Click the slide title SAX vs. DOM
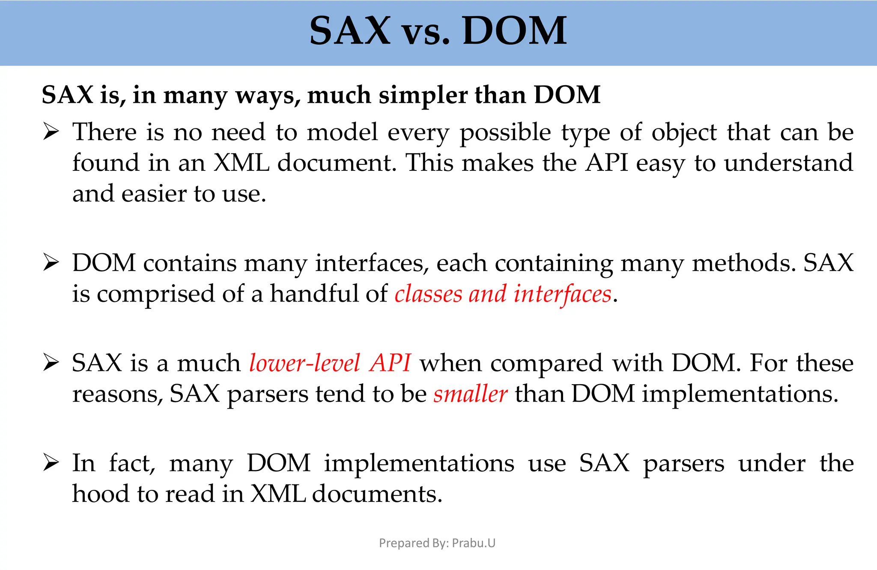pos(438,31)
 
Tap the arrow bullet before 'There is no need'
pos(51,132)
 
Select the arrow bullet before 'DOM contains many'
pos(51,263)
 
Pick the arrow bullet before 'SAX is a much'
pos(51,363)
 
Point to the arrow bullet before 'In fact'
pos(51,463)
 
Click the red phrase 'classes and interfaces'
pos(503,294)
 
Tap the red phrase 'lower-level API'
pos(330,363)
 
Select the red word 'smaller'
pos(470,394)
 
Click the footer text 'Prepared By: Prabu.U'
pos(437,543)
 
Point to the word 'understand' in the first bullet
pos(788,163)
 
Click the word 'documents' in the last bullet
pos(376,494)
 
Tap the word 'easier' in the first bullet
pos(154,194)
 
